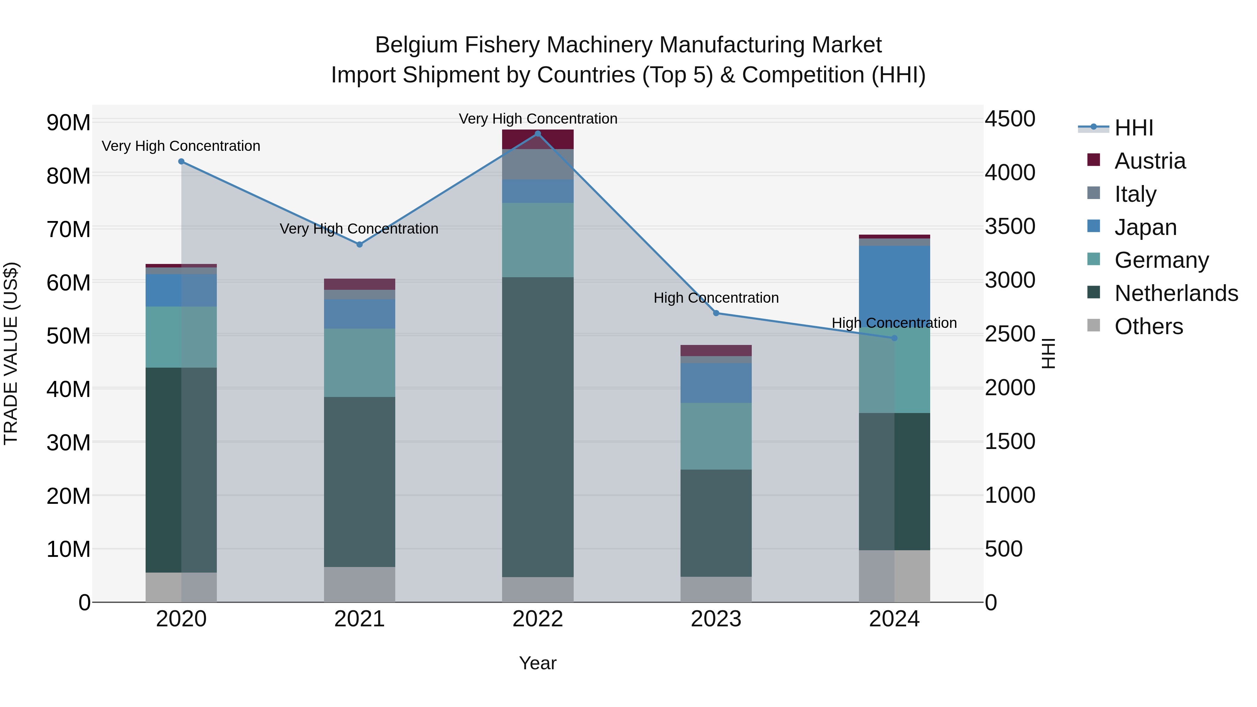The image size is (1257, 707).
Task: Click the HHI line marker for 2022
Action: click(538, 134)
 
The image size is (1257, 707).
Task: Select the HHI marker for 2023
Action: click(716, 313)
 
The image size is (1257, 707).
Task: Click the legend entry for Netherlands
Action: click(1176, 293)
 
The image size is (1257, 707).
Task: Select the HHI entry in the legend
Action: click(1133, 128)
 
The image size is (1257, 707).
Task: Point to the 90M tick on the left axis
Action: click(68, 123)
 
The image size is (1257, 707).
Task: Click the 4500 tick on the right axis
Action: click(1009, 119)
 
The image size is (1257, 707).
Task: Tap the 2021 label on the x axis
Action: click(360, 619)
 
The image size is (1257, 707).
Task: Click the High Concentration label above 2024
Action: click(894, 323)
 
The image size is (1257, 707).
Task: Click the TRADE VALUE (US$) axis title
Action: click(11, 353)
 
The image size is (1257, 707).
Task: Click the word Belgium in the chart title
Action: click(416, 45)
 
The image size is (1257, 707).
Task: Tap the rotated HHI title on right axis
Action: click(1049, 353)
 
